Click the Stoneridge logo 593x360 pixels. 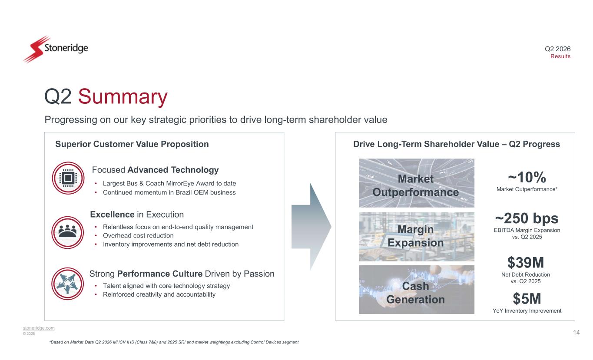point(56,49)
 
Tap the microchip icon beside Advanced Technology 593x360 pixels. point(68,178)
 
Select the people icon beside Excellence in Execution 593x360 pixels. point(67,232)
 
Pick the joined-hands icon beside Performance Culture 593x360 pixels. point(67,284)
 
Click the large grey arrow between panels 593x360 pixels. point(311,227)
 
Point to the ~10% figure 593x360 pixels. point(527,177)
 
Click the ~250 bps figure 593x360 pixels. point(527,218)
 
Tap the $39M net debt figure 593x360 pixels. point(526,263)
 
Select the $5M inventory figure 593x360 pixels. point(527,299)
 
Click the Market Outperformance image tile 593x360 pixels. point(417,183)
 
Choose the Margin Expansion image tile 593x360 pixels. point(417,237)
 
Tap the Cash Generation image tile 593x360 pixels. point(417,290)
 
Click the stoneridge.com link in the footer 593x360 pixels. point(39,328)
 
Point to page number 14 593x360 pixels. point(576,333)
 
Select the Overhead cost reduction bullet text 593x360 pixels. point(138,236)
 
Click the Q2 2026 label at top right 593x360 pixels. point(557,49)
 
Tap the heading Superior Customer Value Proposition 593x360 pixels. point(132,144)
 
